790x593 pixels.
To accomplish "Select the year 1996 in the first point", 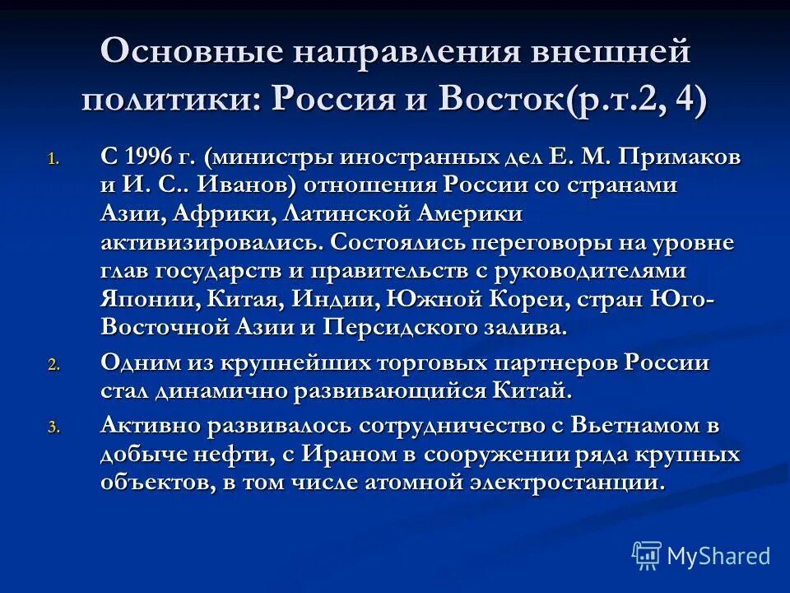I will click(151, 156).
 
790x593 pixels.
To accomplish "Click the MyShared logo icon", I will click(647, 556).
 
